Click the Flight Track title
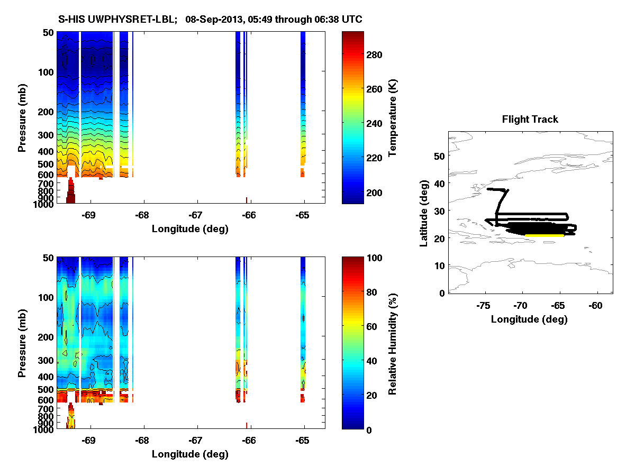click(530, 120)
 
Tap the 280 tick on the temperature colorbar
click(374, 54)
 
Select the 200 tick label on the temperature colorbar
click(374, 192)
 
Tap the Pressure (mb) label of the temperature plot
click(22, 118)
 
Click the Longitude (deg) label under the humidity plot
click(190, 454)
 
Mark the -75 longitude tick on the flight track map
click(483, 305)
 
